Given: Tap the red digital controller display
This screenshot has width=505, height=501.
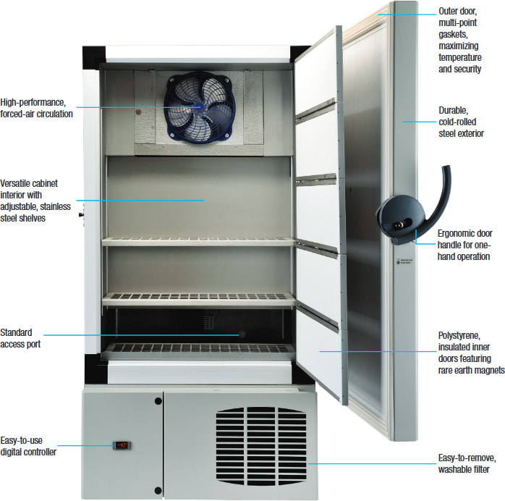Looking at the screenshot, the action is [x=124, y=445].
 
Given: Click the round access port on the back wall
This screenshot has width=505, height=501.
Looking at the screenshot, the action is [x=241, y=334].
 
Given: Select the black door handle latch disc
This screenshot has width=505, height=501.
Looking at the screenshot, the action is [x=397, y=217].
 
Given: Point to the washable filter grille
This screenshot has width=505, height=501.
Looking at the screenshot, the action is [x=261, y=444].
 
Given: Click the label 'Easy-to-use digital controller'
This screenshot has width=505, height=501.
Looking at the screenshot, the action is [x=30, y=446].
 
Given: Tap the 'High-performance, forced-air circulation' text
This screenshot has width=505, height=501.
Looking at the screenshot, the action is [x=36, y=108].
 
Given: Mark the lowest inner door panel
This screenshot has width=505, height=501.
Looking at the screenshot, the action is [x=318, y=355].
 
